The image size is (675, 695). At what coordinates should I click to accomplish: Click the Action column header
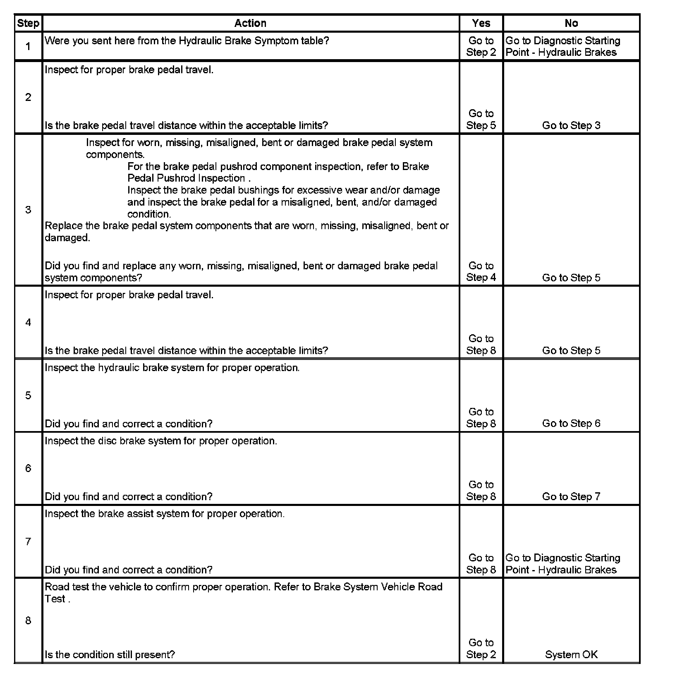click(x=250, y=23)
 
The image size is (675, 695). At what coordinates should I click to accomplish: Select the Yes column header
click(x=481, y=23)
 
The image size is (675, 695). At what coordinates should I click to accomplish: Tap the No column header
click(x=571, y=23)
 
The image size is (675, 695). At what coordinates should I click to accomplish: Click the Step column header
click(x=28, y=23)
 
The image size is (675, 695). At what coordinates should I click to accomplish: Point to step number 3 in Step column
click(x=28, y=210)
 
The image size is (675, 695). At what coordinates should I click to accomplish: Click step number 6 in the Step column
click(x=28, y=468)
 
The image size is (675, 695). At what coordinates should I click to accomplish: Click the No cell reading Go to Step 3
click(x=571, y=125)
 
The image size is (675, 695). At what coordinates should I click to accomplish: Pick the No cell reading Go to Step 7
click(x=571, y=496)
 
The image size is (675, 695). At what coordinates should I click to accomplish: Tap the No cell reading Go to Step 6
click(x=571, y=423)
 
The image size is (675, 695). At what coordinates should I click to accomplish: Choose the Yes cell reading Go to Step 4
click(x=481, y=272)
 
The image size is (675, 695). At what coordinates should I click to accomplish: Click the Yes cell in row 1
click(x=481, y=46)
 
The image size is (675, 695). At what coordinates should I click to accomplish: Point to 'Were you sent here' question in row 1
click(x=187, y=41)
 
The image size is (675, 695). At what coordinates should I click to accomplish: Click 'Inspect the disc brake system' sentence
click(x=160, y=441)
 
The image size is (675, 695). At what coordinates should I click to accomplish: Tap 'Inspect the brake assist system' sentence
click(x=165, y=514)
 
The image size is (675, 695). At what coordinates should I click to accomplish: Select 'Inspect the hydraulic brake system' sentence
click(x=172, y=368)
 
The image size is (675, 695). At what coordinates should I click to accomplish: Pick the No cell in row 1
click(x=562, y=46)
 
